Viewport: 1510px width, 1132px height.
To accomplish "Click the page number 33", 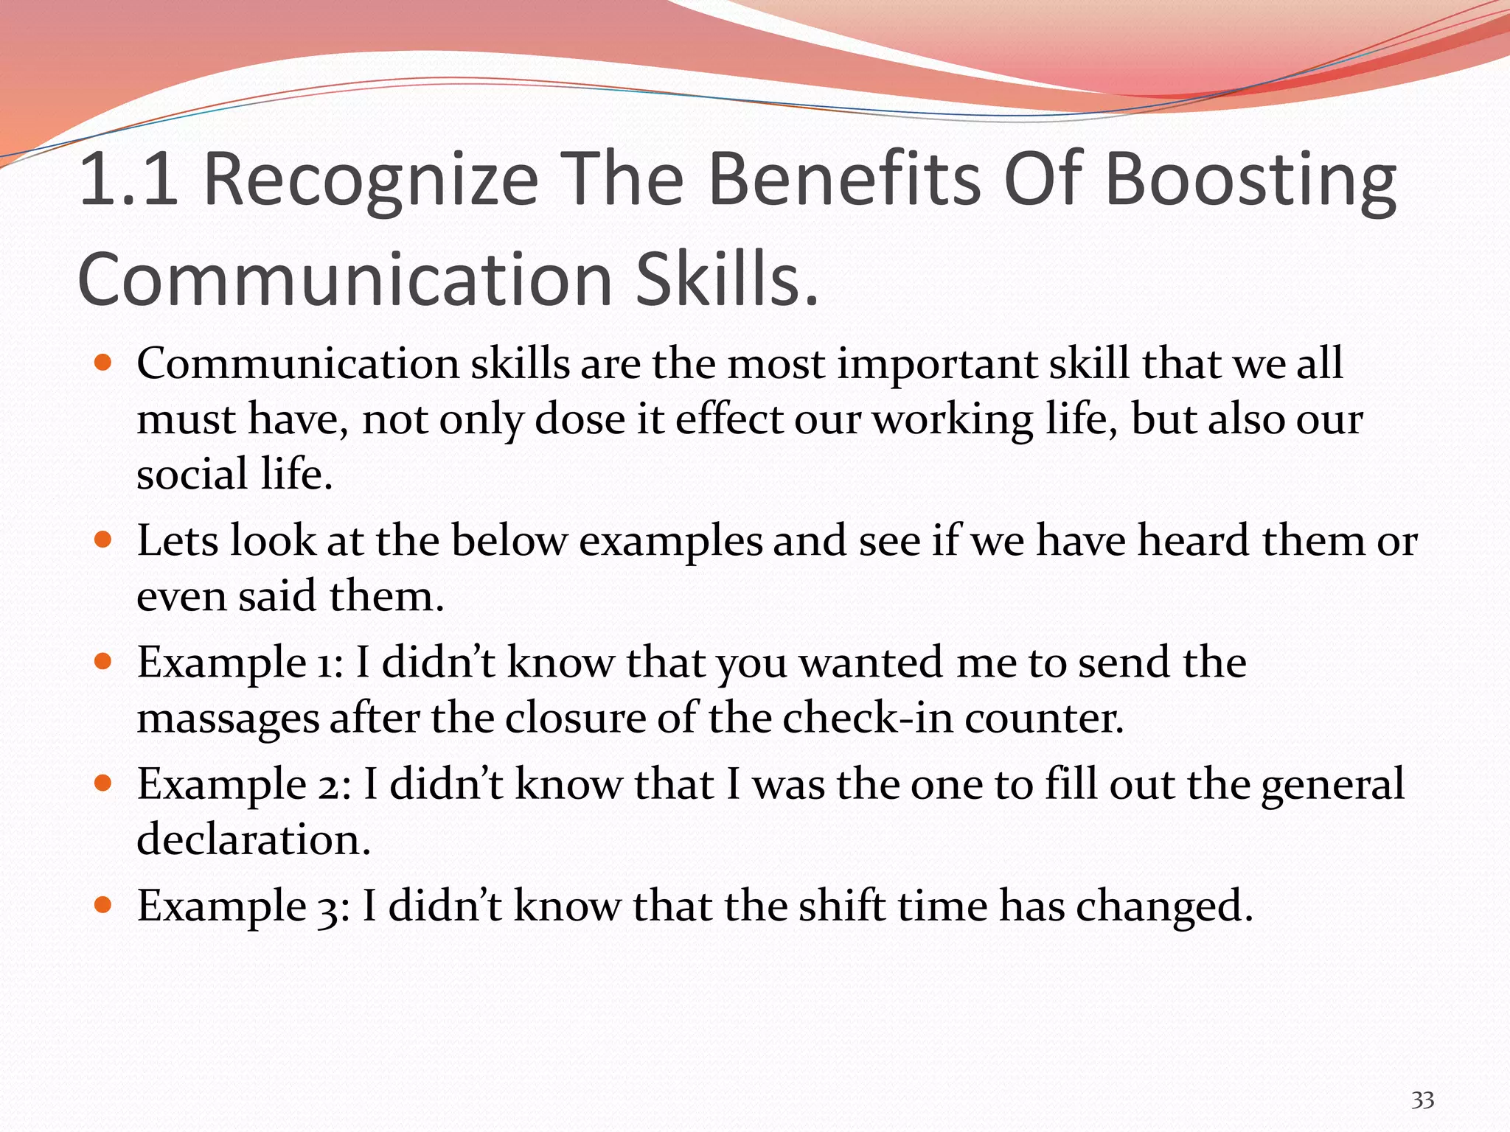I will click(x=1422, y=1100).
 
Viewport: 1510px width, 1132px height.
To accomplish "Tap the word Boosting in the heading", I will click(x=1250, y=181).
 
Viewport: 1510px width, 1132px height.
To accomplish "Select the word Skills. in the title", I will click(x=727, y=281).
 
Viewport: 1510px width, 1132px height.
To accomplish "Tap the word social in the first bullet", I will click(x=192, y=474).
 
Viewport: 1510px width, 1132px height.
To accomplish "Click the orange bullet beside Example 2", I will click(x=103, y=783).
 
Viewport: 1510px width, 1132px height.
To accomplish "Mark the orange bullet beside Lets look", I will click(x=103, y=539).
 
